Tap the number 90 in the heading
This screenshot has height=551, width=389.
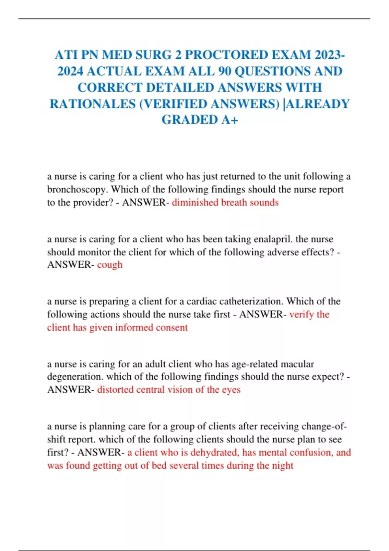[225, 71]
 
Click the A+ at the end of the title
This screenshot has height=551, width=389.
[230, 120]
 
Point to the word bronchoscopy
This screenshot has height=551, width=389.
[78, 189]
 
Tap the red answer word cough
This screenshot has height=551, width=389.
[110, 265]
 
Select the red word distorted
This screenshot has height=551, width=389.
[115, 390]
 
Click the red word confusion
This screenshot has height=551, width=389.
[312, 452]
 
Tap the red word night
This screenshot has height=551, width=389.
[283, 465]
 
